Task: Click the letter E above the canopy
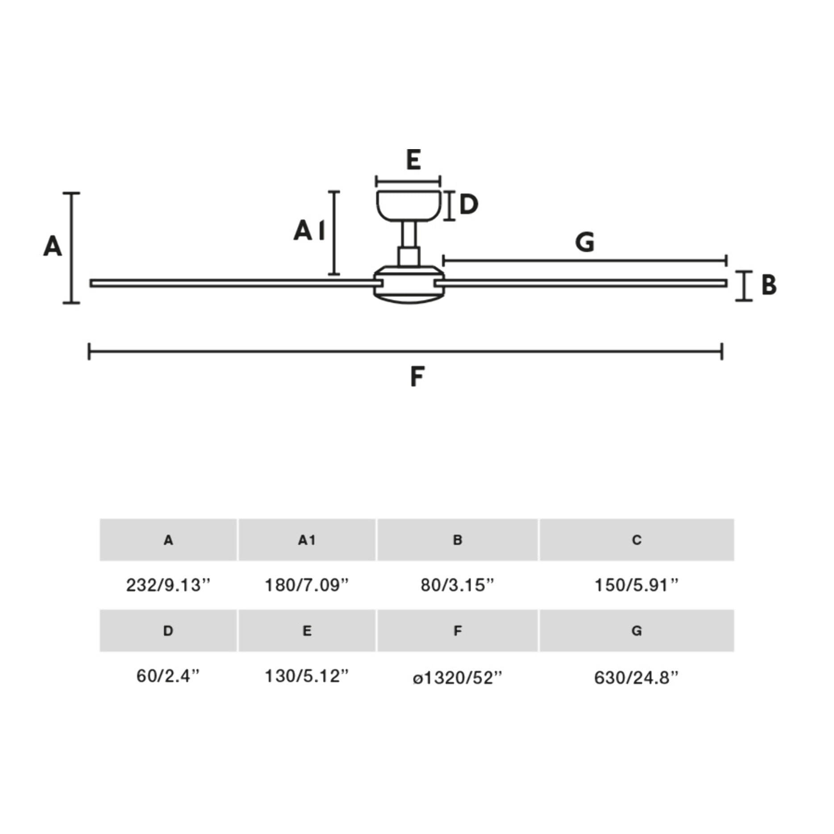[413, 160]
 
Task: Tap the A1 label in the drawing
[309, 230]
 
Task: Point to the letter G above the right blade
[585, 242]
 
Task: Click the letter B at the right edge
[769, 285]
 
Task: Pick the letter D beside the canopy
[469, 204]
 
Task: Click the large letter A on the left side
[52, 246]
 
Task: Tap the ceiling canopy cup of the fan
[409, 205]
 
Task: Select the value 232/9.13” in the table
[168, 585]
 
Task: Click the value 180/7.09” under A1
[307, 585]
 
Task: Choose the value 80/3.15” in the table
[458, 585]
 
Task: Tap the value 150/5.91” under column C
[637, 585]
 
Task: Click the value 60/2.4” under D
[168, 676]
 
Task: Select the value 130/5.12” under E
[307, 676]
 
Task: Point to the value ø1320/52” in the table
[458, 678]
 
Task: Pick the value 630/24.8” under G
[637, 678]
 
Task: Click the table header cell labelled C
[637, 540]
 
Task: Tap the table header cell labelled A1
[307, 540]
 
